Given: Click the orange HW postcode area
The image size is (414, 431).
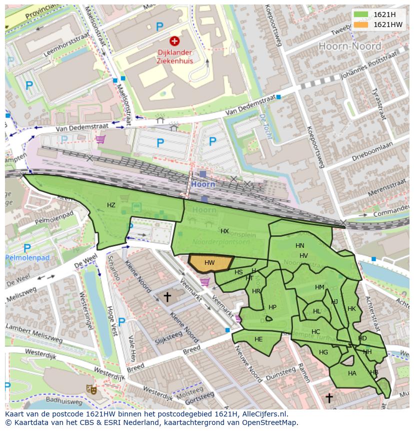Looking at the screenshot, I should tap(210, 263).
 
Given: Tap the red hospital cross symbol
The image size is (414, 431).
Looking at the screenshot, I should tap(174, 41).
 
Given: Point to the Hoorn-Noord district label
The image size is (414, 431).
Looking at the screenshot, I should tap(349, 46).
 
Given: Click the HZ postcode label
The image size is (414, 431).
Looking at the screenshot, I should tap(111, 205).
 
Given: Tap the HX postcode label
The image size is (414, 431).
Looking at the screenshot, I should tap(224, 231).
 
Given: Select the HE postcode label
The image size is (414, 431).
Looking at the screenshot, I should tap(258, 339).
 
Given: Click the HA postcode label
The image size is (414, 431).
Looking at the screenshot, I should tap(352, 373).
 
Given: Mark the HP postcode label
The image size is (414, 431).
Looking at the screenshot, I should tap(272, 307).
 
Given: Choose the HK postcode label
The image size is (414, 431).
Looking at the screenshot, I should tap(351, 309).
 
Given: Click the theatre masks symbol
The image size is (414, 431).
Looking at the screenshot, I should tap(91, 388).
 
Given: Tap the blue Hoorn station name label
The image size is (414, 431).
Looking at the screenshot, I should tap(203, 184).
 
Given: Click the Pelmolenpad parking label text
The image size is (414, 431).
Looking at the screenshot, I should tap(27, 258).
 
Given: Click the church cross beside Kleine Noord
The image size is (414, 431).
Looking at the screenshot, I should tap(167, 297).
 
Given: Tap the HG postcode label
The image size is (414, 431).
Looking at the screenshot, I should tap(323, 352).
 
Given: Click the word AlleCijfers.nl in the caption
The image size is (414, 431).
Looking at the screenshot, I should tap(262, 414).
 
